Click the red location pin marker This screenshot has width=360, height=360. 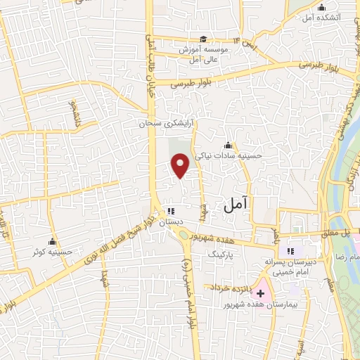click(x=181, y=166)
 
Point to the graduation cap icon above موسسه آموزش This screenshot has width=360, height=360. click(x=203, y=39)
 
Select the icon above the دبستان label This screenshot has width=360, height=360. click(x=172, y=211)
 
